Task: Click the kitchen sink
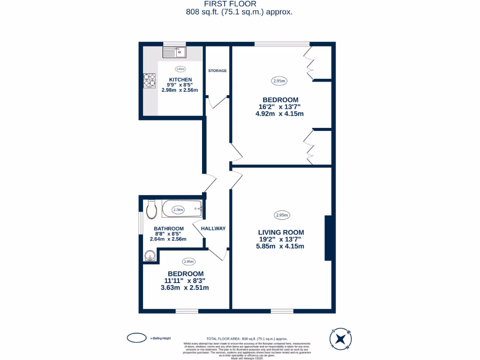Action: pyautogui.click(x=174, y=52)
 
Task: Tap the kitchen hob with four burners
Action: pyautogui.click(x=149, y=81)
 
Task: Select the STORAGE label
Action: pyautogui.click(x=217, y=71)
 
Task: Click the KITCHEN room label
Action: pyautogui.click(x=180, y=79)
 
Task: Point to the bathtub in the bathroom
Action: pyautogui.click(x=182, y=210)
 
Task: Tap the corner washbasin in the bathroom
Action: pyautogui.click(x=150, y=256)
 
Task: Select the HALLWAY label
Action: pyautogui.click(x=213, y=228)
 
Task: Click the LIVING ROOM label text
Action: pyautogui.click(x=281, y=232)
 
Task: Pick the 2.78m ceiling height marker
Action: pyautogui.click(x=179, y=210)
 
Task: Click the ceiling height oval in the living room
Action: pyautogui.click(x=281, y=215)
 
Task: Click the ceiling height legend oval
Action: pyautogui.click(x=136, y=337)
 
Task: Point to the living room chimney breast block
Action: pyautogui.click(x=328, y=238)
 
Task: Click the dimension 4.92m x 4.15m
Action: pyautogui.click(x=280, y=114)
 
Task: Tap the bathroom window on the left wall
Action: pyautogui.click(x=141, y=223)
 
